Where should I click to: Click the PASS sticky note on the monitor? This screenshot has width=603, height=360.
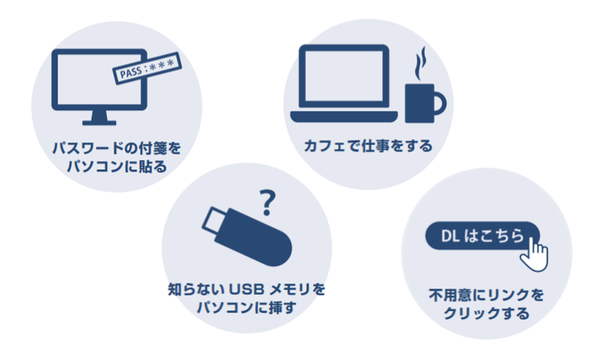pos(146,69)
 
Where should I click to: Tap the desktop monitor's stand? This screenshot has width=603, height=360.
pos(99,118)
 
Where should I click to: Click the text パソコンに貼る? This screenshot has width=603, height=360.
pos(116,167)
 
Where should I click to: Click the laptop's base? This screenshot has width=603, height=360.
pos(344,116)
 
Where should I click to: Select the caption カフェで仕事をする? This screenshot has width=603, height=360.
pos(368,146)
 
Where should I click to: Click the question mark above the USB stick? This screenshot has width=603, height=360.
pos(268,202)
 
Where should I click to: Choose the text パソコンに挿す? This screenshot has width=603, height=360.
pos(246,308)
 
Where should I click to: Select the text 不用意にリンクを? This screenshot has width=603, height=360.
pos(486,296)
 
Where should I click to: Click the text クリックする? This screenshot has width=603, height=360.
pos(486,314)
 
